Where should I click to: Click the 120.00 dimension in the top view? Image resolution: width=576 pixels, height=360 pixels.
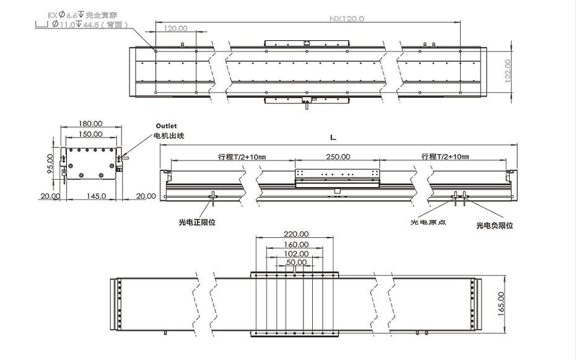point(176,29)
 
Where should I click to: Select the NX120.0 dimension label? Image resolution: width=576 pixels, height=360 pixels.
point(346,19)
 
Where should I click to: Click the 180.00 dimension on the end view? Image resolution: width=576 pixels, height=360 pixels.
point(91,124)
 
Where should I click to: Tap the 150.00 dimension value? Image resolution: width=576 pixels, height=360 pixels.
point(91,134)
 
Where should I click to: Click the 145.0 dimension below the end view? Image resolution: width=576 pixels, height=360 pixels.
point(96,196)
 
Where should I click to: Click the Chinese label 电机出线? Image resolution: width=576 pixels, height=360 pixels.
point(169,135)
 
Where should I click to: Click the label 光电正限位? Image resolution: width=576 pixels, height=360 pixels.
point(197,221)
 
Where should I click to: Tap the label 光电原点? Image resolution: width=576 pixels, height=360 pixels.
point(429,222)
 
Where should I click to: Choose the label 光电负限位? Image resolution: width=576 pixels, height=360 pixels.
point(494,226)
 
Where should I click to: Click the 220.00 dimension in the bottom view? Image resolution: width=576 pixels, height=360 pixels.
point(296,234)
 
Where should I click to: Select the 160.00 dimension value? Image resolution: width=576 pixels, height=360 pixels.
point(296,244)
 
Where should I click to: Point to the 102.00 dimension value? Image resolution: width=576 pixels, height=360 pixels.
point(296,253)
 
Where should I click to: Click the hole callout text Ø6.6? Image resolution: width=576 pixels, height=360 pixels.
point(68,14)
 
